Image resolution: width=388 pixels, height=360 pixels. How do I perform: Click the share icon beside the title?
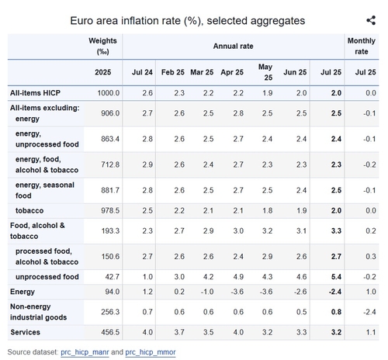(371, 20)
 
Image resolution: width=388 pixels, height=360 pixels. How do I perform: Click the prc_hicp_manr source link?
(85, 352)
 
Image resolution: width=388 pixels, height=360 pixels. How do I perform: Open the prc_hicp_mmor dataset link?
(151, 352)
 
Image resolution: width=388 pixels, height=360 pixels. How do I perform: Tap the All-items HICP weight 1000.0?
(109, 93)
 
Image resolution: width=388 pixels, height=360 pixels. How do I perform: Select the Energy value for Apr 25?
(237, 292)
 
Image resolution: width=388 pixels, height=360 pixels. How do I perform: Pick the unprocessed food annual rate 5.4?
(336, 277)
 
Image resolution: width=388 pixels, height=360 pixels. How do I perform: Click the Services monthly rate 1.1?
(371, 332)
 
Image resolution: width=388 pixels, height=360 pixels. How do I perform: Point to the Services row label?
(25, 332)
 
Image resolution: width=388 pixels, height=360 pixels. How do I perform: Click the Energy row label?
(23, 292)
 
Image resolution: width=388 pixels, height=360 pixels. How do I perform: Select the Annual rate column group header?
(233, 47)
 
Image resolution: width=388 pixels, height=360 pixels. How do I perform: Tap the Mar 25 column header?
(202, 72)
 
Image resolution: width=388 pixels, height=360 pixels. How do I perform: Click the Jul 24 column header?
(142, 72)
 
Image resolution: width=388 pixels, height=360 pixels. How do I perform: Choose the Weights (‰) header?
(102, 47)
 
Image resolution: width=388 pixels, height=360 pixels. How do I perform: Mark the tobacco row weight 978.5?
(110, 210)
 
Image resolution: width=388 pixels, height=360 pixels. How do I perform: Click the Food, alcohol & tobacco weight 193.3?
(110, 230)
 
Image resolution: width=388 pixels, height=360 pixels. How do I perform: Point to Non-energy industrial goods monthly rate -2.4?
(369, 312)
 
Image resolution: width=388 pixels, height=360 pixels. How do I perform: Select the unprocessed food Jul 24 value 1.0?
(147, 277)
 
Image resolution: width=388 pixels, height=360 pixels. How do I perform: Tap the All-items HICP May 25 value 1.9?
(268, 93)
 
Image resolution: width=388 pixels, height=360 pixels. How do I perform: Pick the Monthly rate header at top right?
(362, 47)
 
